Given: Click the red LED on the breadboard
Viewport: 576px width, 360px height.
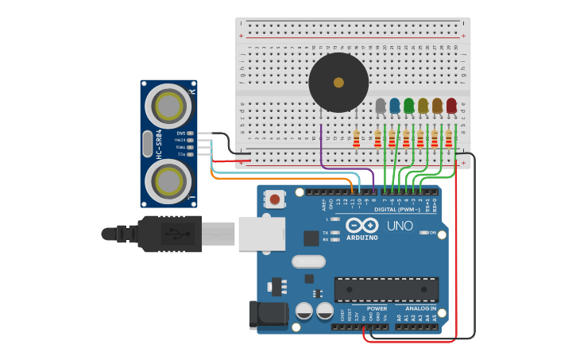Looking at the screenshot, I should (x=451, y=105).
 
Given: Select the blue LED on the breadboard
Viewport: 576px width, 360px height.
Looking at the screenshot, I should (x=395, y=105).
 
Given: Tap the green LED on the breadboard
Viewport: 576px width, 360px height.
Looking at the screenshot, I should (x=409, y=105).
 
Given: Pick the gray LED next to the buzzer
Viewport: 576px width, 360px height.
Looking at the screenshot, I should (x=381, y=105).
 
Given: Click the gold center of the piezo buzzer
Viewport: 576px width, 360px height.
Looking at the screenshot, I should (x=338, y=83).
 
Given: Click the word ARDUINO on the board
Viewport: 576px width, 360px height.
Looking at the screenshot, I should (x=362, y=238).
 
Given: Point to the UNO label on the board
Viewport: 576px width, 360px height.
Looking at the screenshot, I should (x=400, y=226).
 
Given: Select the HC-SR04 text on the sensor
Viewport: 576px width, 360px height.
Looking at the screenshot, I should (x=159, y=144).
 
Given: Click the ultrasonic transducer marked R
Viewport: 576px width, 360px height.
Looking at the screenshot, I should (x=169, y=104).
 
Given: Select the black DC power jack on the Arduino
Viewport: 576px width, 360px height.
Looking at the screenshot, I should (x=267, y=315).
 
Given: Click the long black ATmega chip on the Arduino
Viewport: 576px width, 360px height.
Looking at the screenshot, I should (x=386, y=289).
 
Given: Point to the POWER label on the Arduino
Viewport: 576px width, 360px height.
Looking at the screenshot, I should (x=377, y=308).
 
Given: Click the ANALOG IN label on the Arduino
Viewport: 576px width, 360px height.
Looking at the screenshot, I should (x=420, y=308).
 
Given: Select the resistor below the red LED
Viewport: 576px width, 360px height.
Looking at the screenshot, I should (x=449, y=140).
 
